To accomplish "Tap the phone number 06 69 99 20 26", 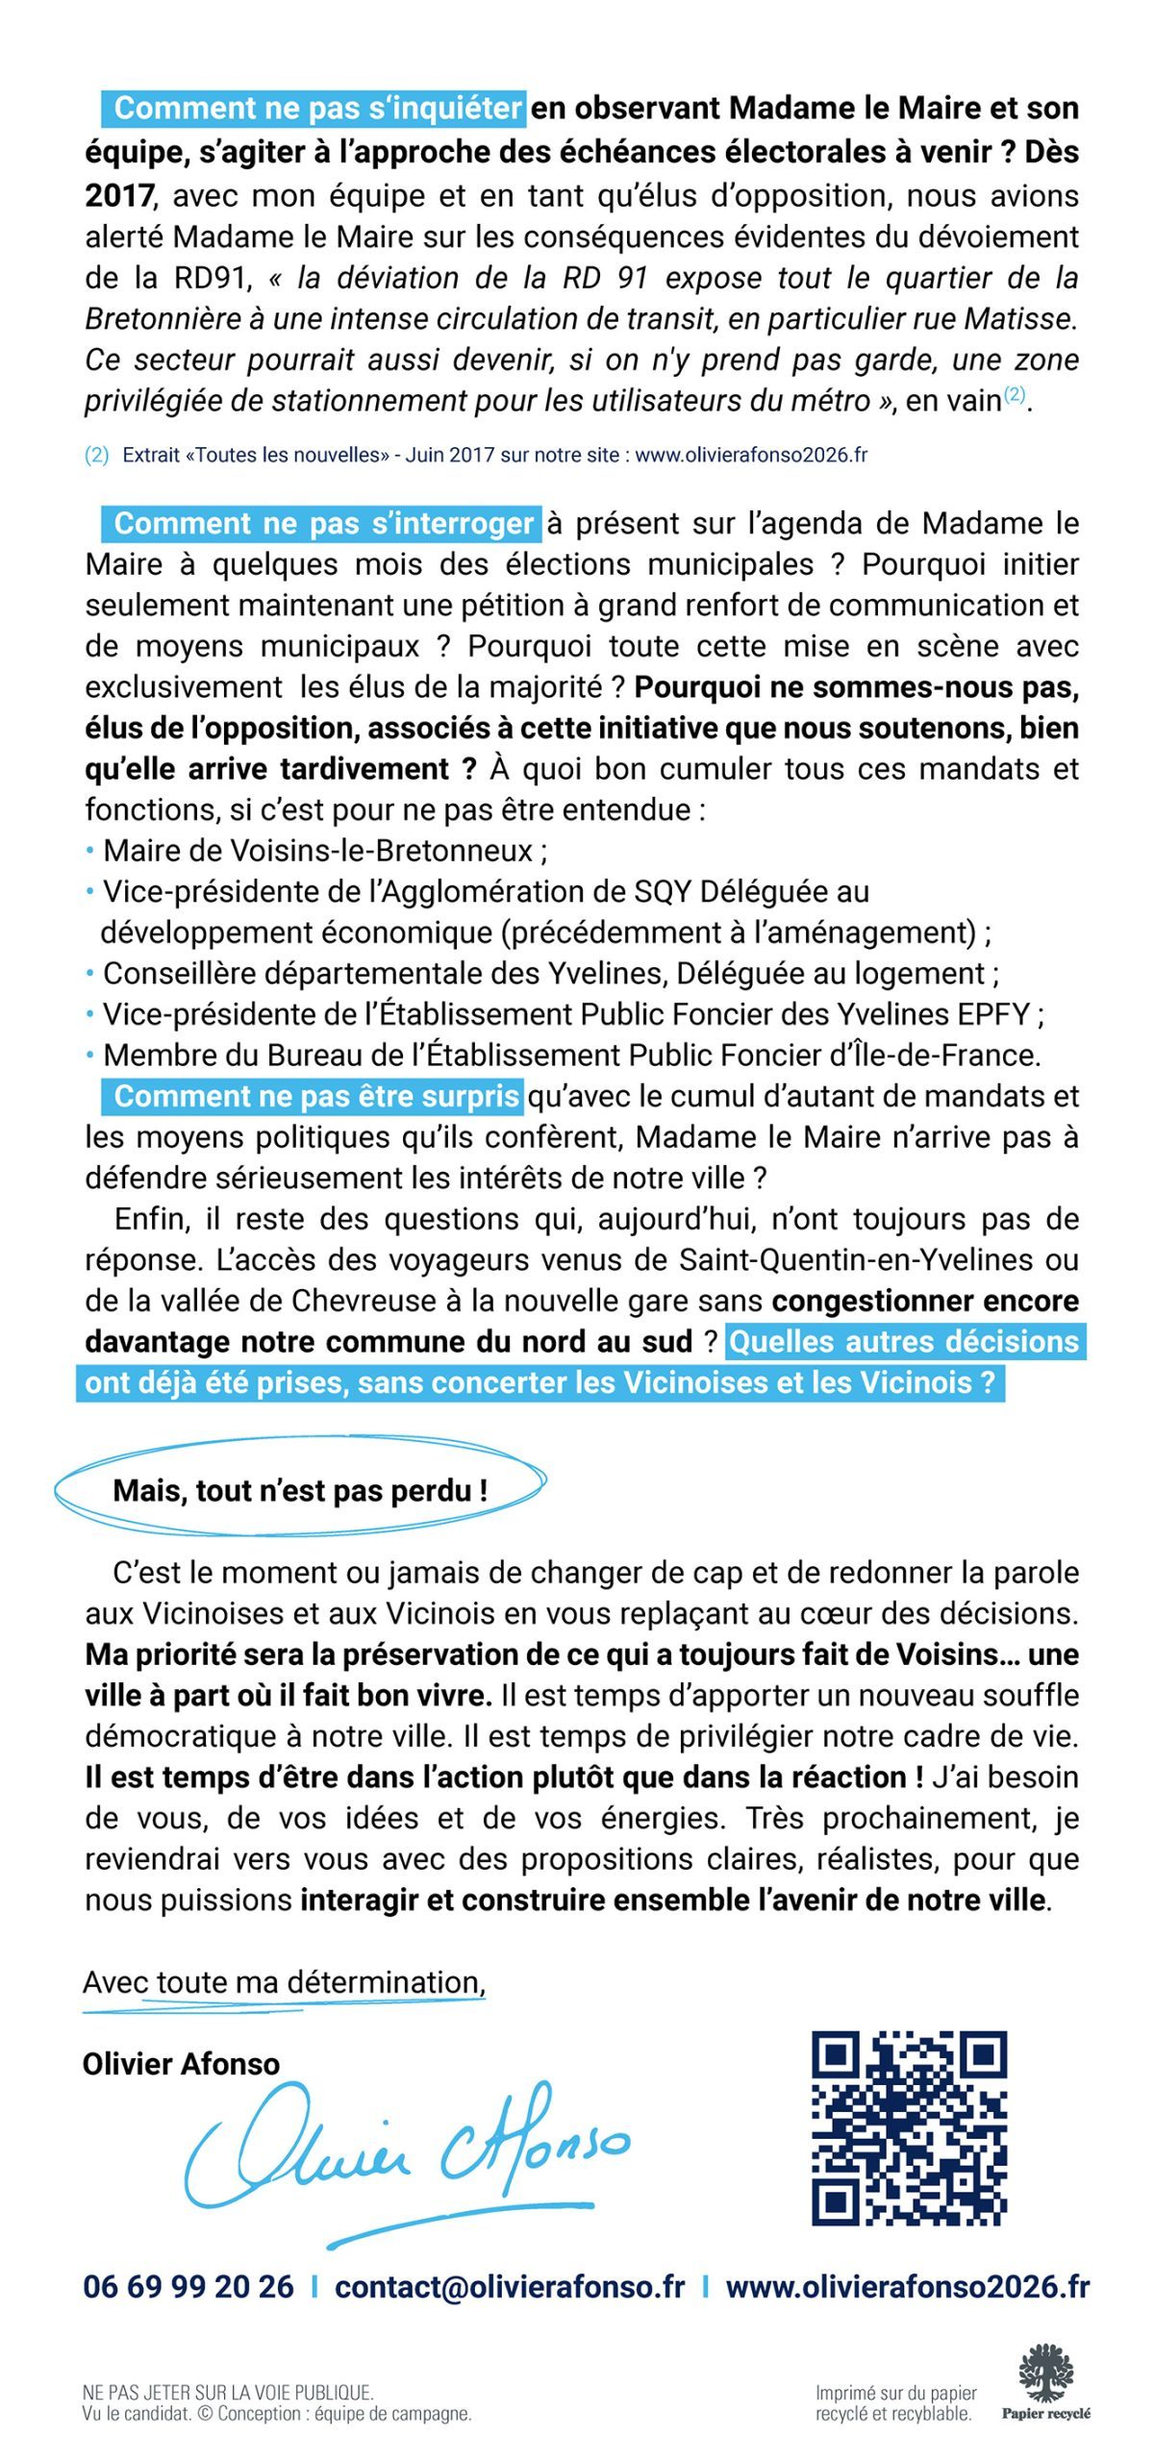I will pos(188,2287).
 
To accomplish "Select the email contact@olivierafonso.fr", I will pos(510,2287).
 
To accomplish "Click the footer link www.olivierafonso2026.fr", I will pos(907,2287).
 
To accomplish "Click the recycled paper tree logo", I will pos(1045,2374).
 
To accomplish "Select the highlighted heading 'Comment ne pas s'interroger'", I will pos(322,524).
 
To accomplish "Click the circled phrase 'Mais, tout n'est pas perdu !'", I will pos(300,1491).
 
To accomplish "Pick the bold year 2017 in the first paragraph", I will pos(118,196).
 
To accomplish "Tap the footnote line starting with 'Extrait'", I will pos(494,456).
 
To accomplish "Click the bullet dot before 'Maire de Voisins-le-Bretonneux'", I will pos(90,851).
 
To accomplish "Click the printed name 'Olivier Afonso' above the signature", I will pos(182,2064).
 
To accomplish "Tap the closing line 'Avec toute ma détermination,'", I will pos(284,1981).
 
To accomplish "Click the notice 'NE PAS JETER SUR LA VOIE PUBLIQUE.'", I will pos(228,2393).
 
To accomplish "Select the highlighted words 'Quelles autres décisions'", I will pos(904,1342).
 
